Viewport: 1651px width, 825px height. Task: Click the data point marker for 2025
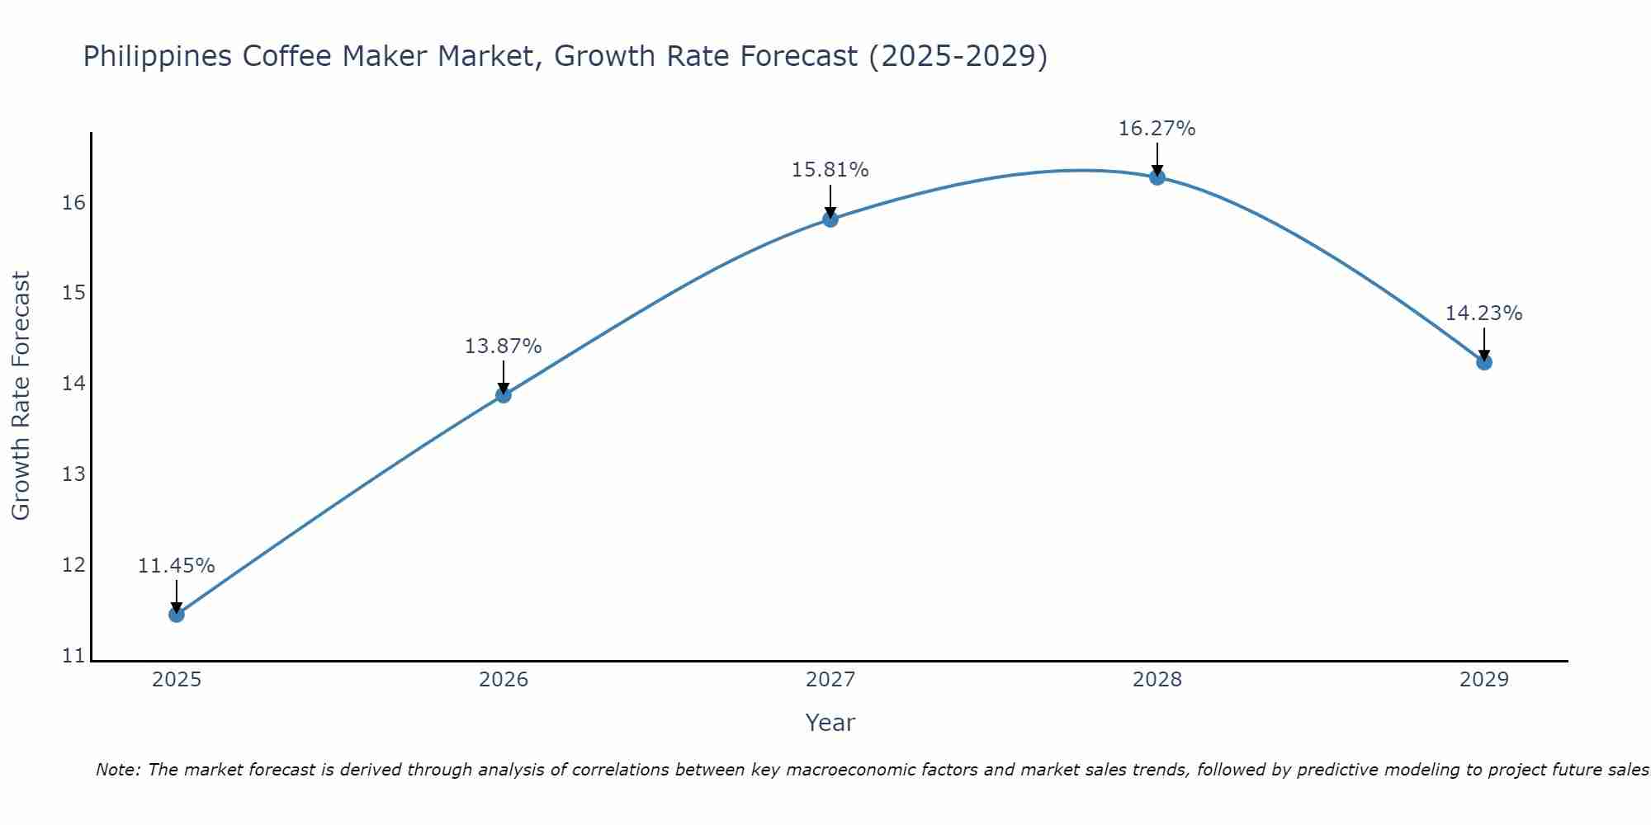pyautogui.click(x=177, y=615)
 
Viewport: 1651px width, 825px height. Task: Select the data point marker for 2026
pyautogui.click(x=504, y=395)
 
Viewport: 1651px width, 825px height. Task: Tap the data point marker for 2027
pyautogui.click(x=830, y=219)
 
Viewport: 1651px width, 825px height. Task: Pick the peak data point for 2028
pyautogui.click(x=1157, y=177)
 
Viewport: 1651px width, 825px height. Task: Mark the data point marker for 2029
pyautogui.click(x=1484, y=362)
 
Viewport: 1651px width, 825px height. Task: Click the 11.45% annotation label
pyautogui.click(x=176, y=566)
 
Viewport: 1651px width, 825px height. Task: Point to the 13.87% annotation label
pyautogui.click(x=503, y=346)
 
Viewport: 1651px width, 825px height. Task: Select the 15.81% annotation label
pyautogui.click(x=830, y=170)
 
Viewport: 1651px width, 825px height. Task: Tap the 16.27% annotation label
pyautogui.click(x=1157, y=129)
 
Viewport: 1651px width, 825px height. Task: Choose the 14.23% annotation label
pyautogui.click(x=1483, y=313)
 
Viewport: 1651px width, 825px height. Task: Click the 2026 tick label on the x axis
pyautogui.click(x=504, y=680)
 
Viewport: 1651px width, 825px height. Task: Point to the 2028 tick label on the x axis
pyautogui.click(x=1157, y=680)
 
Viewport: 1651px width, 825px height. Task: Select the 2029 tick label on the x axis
pyautogui.click(x=1484, y=680)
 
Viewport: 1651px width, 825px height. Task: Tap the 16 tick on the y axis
pyautogui.click(x=73, y=203)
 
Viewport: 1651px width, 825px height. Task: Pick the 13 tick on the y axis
pyautogui.click(x=73, y=474)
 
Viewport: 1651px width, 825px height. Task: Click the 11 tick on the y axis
pyautogui.click(x=73, y=657)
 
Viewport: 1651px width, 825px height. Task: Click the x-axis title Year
pyautogui.click(x=830, y=723)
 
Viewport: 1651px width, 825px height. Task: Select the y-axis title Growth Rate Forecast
pyautogui.click(x=21, y=395)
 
